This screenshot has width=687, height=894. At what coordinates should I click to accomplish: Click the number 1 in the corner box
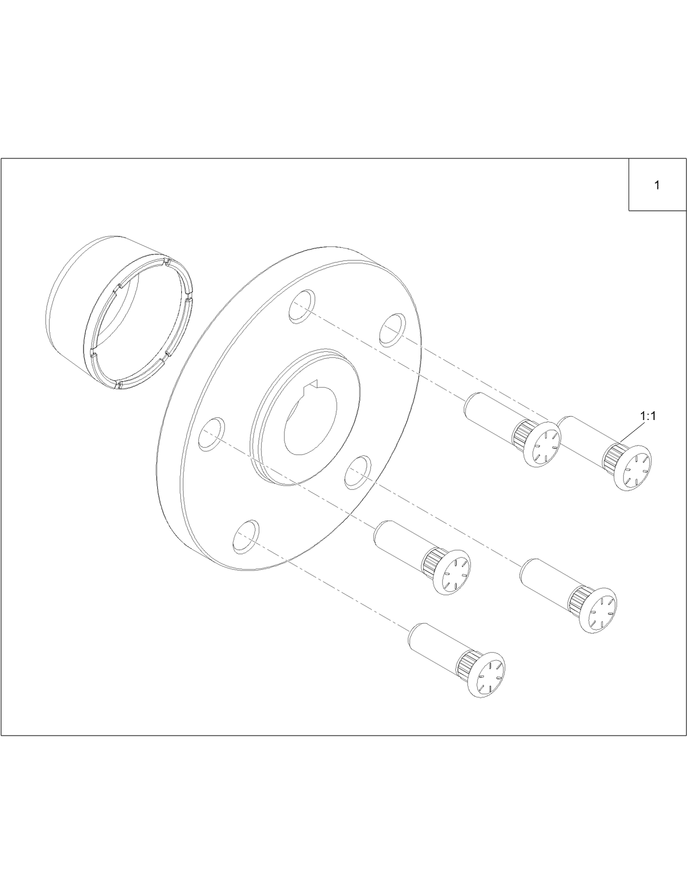pos(657,185)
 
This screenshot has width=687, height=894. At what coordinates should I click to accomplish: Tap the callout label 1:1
pos(648,416)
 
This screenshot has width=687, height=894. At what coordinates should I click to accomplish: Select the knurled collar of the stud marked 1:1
pos(613,455)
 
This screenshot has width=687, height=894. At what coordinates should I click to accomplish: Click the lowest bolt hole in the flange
pos(244,536)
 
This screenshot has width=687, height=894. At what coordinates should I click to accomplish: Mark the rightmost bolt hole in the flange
pos(392,329)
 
